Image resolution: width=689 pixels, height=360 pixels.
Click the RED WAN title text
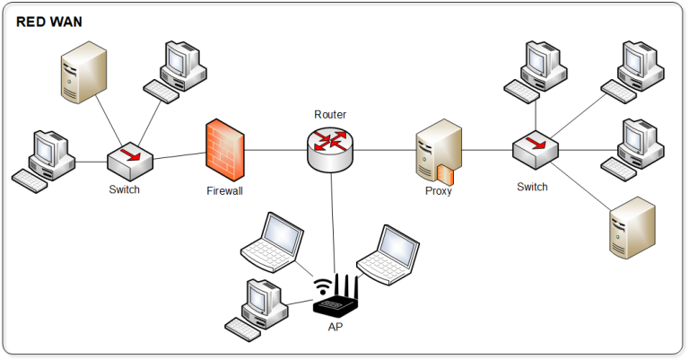pyautogui.click(x=49, y=22)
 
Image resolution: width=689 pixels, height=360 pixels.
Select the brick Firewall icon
pyautogui.click(x=224, y=149)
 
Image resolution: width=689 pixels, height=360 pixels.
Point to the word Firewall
pyautogui.click(x=224, y=190)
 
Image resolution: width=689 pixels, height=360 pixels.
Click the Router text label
pyautogui.click(x=330, y=115)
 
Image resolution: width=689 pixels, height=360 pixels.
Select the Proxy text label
pyautogui.click(x=438, y=190)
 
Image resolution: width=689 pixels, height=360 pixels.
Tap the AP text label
pyautogui.click(x=335, y=327)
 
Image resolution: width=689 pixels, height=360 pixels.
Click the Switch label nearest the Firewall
pyautogui.click(x=125, y=189)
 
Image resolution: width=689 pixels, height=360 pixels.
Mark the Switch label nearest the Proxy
pyautogui.click(x=532, y=187)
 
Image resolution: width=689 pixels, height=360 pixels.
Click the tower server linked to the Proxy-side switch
pyautogui.click(x=632, y=228)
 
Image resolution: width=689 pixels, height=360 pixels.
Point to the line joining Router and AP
pyautogui.click(x=334, y=224)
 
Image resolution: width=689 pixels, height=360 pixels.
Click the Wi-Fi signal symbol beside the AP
pyautogui.click(x=321, y=287)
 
